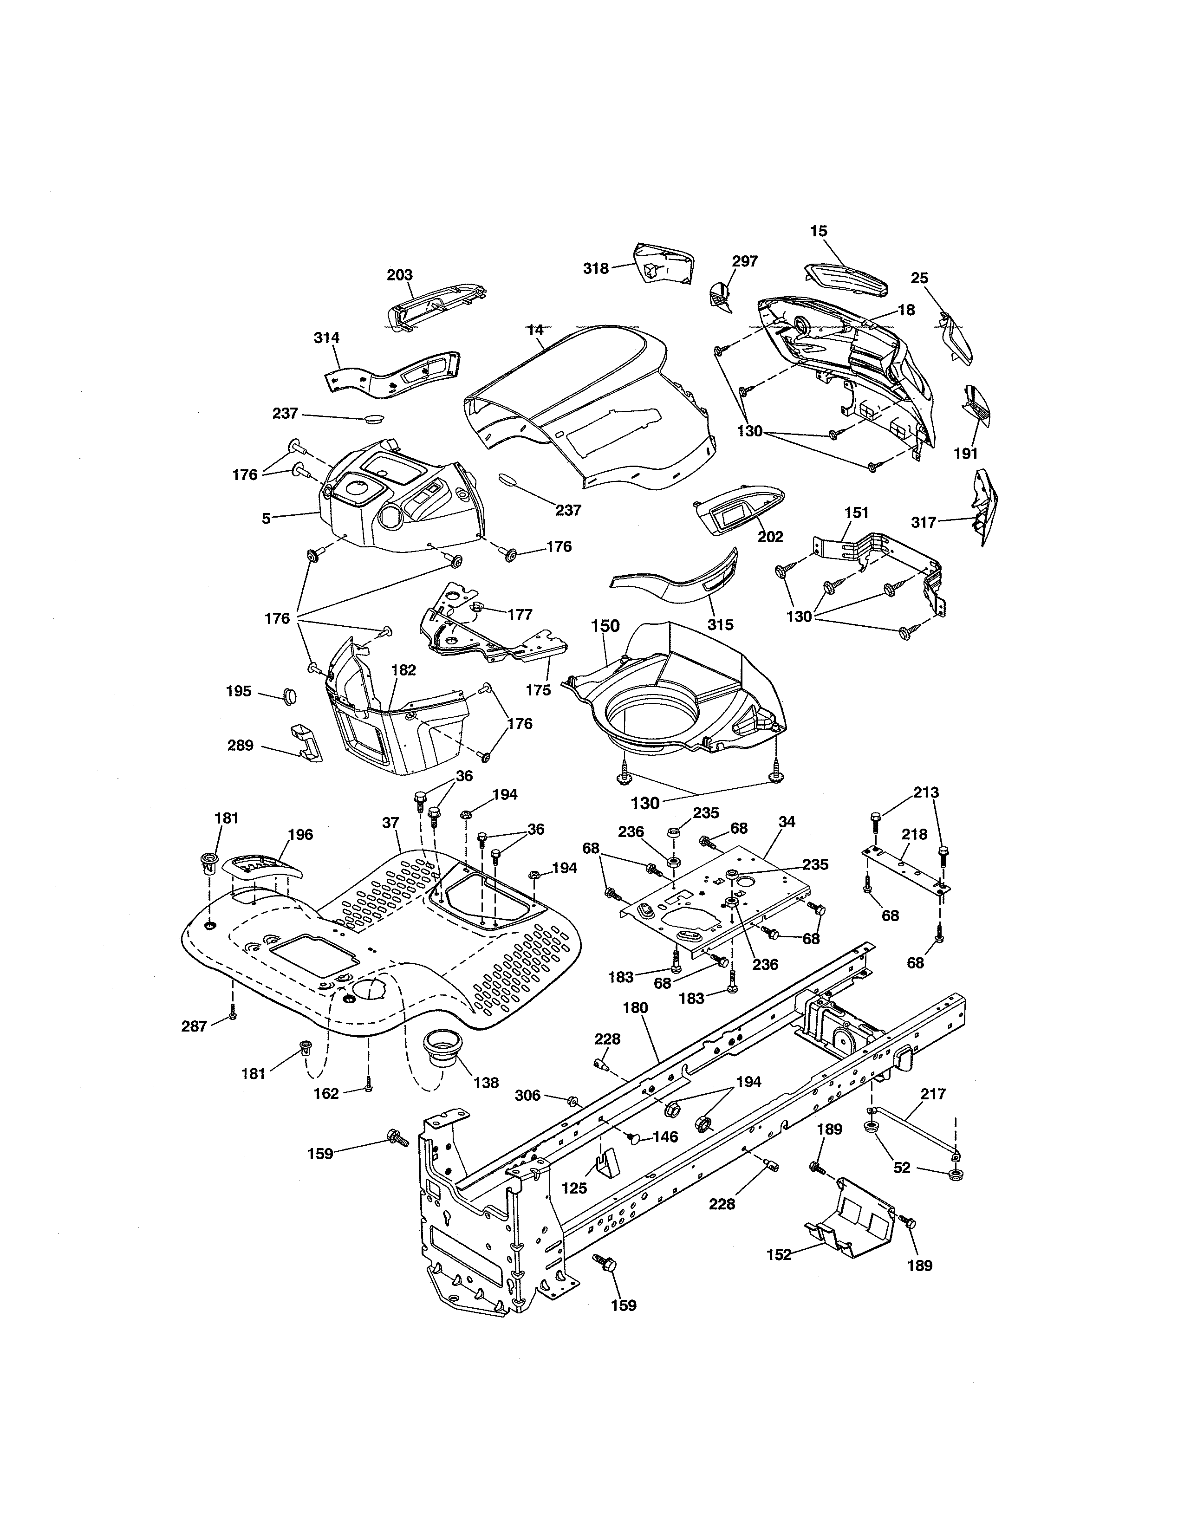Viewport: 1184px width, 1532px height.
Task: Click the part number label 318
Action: [x=596, y=267]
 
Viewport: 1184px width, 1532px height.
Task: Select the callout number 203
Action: [x=399, y=275]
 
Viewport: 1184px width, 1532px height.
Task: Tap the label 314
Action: [x=326, y=338]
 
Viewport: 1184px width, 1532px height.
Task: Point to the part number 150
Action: [x=605, y=626]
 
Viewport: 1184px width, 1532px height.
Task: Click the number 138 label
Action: [x=485, y=1082]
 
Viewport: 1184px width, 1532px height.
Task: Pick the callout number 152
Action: [x=779, y=1254]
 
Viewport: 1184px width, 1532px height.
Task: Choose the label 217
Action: [x=933, y=1094]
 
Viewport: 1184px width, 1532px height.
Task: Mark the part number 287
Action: [x=194, y=1026]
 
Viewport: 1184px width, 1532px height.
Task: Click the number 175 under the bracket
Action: [x=538, y=689]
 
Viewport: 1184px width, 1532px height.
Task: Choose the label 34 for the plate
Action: [x=787, y=821]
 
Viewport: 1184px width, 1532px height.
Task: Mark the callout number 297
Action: [x=744, y=261]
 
